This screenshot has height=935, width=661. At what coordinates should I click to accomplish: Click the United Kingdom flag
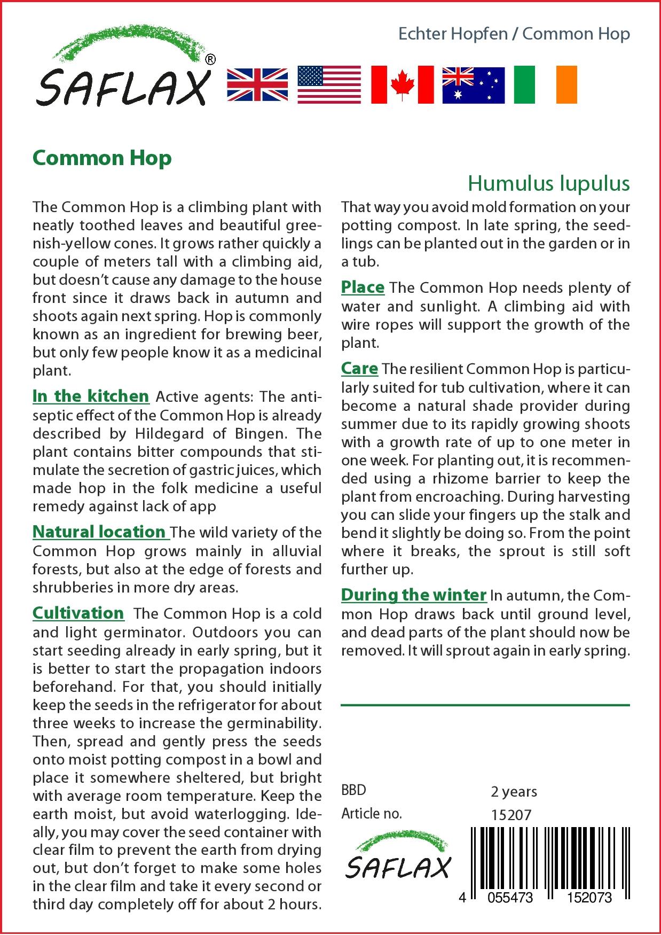pyautogui.click(x=257, y=84)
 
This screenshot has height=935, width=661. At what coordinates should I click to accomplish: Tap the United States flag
pyautogui.click(x=329, y=84)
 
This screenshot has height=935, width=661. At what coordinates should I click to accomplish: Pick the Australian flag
pyautogui.click(x=473, y=84)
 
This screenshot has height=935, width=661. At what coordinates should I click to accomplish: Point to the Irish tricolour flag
pyautogui.click(x=545, y=84)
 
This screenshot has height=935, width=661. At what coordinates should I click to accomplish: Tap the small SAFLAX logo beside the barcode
pyautogui.click(x=398, y=858)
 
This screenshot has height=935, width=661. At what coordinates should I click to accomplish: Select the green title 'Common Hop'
pyautogui.click(x=102, y=158)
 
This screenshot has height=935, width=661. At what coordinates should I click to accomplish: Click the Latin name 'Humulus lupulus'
pyautogui.click(x=548, y=184)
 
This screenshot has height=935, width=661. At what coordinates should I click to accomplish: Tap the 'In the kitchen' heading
pyautogui.click(x=91, y=396)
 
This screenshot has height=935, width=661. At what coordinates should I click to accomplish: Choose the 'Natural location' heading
pyautogui.click(x=99, y=532)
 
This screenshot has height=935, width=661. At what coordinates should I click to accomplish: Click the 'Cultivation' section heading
pyautogui.click(x=78, y=613)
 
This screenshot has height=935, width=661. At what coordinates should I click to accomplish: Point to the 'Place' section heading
pyautogui.click(x=363, y=287)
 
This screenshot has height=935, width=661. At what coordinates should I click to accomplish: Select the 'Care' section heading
pyautogui.click(x=359, y=368)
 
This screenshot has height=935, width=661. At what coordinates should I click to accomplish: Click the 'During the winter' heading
pyautogui.click(x=414, y=595)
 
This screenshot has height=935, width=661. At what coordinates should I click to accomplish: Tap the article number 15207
pyautogui.click(x=511, y=814)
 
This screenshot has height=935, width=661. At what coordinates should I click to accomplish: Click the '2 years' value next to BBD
pyautogui.click(x=514, y=791)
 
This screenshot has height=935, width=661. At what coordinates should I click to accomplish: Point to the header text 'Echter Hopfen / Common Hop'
pyautogui.click(x=514, y=34)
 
